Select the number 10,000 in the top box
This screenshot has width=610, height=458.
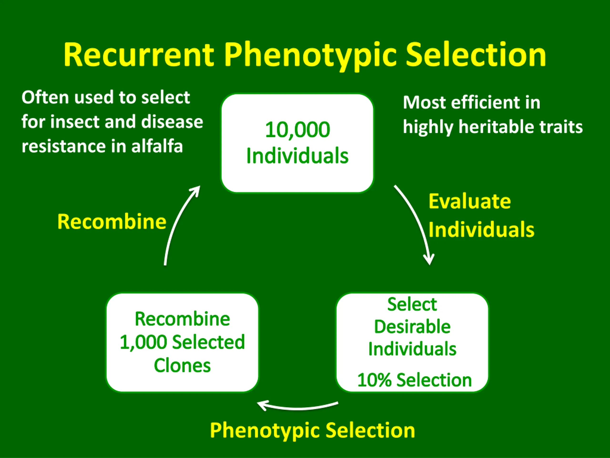tap(297, 130)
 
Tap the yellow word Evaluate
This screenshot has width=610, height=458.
tap(470, 201)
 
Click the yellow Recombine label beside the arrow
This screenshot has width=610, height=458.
tap(112, 222)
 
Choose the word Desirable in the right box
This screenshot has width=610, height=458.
tap(412, 327)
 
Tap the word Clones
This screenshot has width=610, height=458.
tap(182, 366)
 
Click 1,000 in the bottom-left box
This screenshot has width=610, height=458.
tap(143, 343)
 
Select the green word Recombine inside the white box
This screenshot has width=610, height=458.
tap(182, 319)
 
